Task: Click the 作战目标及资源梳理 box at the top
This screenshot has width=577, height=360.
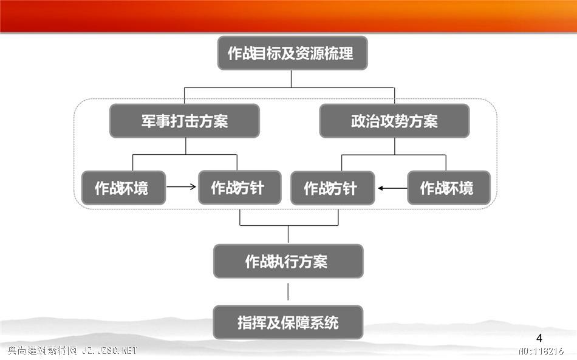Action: pos(293,53)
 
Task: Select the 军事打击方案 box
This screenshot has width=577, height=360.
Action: pos(185,121)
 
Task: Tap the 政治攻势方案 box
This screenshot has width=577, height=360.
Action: pos(394,121)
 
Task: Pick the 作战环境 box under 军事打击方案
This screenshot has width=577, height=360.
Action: pos(123,188)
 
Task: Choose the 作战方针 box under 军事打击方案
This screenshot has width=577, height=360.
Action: pos(240,188)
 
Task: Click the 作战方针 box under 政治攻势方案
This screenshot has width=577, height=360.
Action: pos(333,188)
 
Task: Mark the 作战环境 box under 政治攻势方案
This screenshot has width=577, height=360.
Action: pos(449,188)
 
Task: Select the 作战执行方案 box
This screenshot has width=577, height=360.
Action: pos(288,261)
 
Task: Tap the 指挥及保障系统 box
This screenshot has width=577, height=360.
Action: pos(288,322)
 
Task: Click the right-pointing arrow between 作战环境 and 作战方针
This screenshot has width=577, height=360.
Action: pos(181,186)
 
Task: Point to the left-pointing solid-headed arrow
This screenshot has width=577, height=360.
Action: pos(392,188)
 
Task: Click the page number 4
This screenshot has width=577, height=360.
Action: pos(539,338)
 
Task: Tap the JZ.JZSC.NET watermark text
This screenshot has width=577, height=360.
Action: pos(109,350)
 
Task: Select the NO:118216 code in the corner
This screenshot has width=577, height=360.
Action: pos(541,351)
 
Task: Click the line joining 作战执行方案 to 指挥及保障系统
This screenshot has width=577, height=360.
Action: pos(288,291)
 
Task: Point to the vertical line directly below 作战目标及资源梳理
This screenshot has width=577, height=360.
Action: pos(291,79)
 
